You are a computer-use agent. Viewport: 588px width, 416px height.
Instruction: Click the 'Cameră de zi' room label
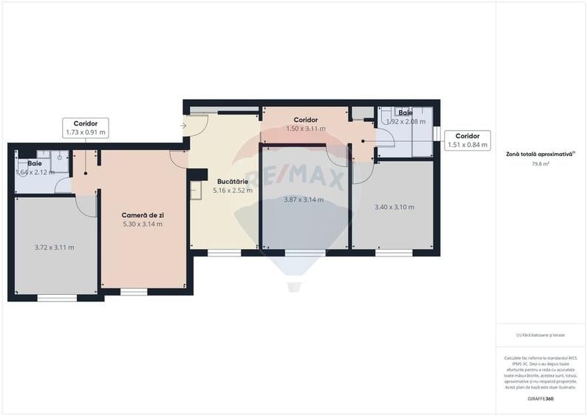[x=143, y=214]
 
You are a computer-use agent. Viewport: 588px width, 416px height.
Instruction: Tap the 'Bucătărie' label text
[x=233, y=180]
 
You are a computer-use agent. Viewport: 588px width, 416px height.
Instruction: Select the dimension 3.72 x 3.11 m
[x=54, y=248]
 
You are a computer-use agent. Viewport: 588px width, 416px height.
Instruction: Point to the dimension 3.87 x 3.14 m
[x=304, y=200]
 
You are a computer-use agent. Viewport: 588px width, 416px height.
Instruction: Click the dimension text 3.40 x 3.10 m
[x=394, y=207]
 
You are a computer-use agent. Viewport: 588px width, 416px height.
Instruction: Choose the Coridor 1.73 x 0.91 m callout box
[x=86, y=128]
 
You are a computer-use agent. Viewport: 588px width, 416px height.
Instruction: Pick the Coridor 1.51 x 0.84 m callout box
[x=468, y=140]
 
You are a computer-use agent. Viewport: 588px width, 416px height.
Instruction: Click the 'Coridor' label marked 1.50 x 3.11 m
[x=305, y=120]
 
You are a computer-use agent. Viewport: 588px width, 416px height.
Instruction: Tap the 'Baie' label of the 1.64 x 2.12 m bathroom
[x=35, y=163]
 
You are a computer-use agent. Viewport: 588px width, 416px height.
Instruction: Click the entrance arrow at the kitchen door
[x=182, y=126]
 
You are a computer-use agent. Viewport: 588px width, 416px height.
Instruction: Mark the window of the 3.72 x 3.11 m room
[x=57, y=298]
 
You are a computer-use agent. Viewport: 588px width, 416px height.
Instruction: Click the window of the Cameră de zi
[x=134, y=292]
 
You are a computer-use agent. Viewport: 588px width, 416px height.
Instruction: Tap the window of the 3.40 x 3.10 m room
[x=394, y=253]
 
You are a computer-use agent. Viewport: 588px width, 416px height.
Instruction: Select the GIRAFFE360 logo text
[x=541, y=399]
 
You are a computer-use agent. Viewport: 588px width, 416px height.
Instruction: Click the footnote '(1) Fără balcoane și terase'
[x=541, y=335]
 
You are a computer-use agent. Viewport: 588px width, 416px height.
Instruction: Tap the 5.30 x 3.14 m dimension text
[x=143, y=224]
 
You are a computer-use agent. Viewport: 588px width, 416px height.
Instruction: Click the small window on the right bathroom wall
[x=437, y=133]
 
